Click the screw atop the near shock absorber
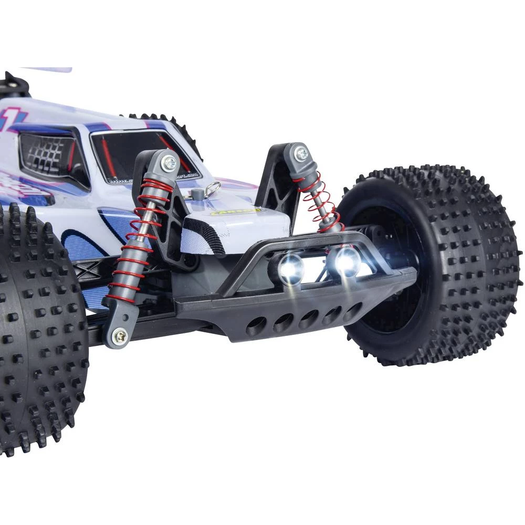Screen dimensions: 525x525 [x=169, y=162]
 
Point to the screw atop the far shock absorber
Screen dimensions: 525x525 [x=301, y=154]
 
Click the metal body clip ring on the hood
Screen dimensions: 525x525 [x=213, y=188]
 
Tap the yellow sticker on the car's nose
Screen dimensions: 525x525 [x=235, y=212]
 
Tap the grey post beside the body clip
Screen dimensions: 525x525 [x=197, y=195]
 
